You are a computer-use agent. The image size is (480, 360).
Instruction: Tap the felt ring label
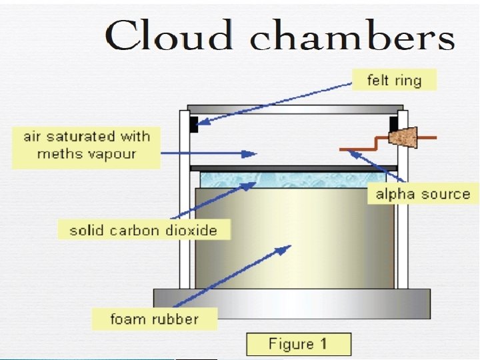pos(394,81)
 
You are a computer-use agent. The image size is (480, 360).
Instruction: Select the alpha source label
pos(423,194)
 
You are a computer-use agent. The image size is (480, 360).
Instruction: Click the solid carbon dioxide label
pos(143,231)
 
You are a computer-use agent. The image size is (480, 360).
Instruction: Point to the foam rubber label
pos(154,318)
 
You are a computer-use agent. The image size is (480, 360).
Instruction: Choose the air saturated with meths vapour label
pos(87,145)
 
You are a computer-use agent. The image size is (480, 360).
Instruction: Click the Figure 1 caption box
pos(297,344)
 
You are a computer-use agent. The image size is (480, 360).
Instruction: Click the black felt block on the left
pos(193,123)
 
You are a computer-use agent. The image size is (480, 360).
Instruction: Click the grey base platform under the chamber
pos(292,304)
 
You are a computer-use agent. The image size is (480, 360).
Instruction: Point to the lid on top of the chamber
pos(295,108)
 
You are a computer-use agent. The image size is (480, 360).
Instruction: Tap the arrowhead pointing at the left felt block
pos(201,122)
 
